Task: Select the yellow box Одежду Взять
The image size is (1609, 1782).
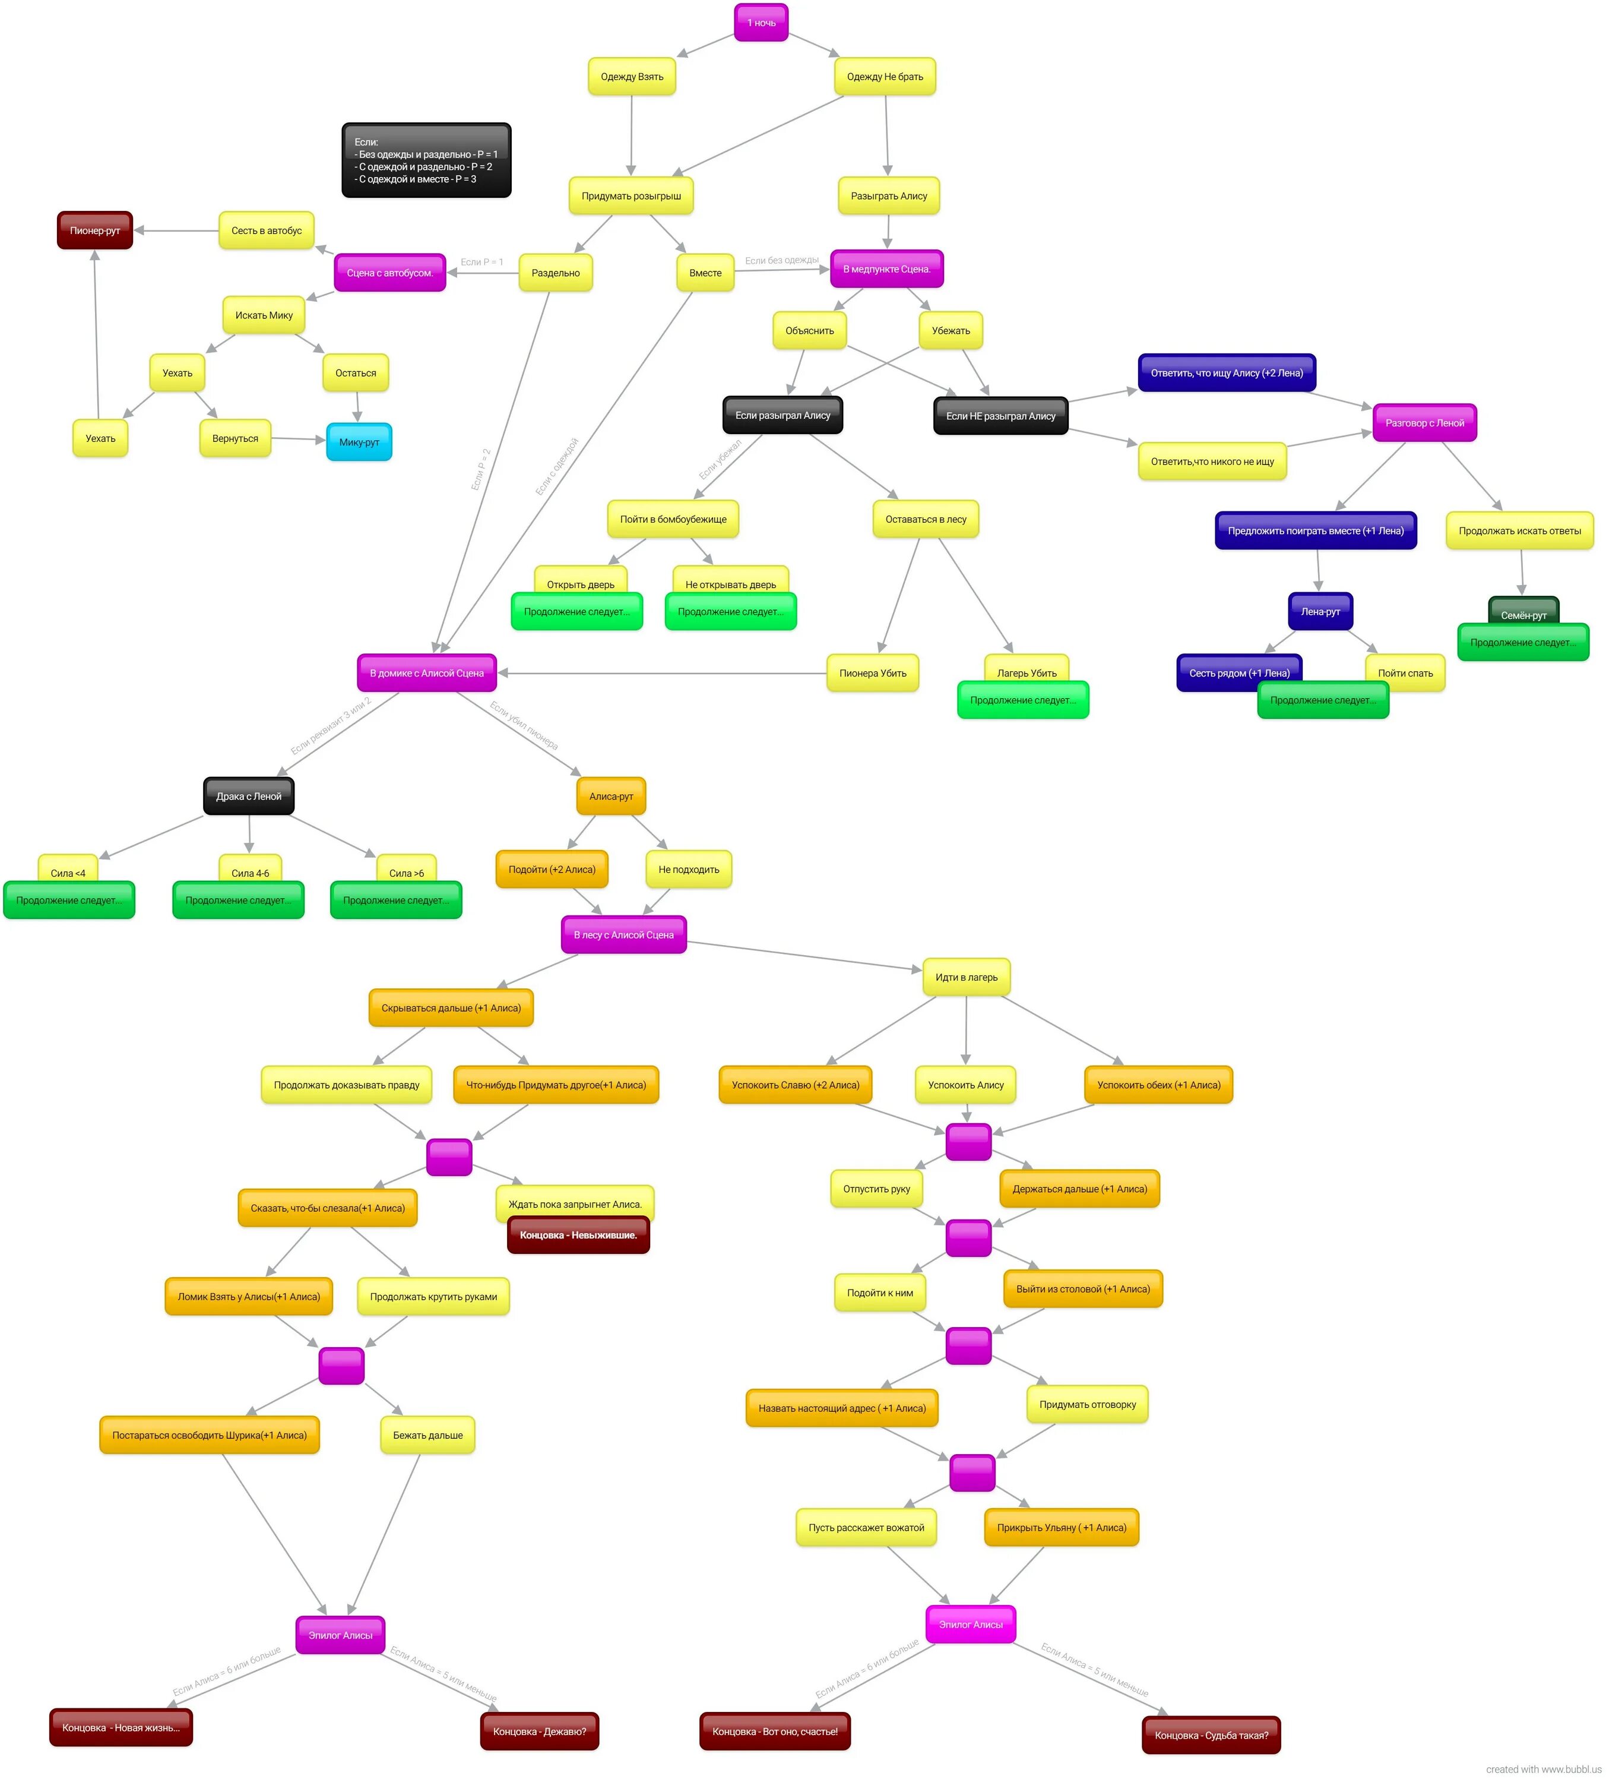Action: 631,77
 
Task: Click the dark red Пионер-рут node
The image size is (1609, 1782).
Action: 94,230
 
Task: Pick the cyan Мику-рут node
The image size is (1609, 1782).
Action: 359,442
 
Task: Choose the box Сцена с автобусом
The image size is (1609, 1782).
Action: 389,273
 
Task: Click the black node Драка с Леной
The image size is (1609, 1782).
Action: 248,797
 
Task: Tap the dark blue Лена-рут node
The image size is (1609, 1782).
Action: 1319,612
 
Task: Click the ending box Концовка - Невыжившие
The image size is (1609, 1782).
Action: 578,1235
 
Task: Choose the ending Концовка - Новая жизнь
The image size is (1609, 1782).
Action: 121,1728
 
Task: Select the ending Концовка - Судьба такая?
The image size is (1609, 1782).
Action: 1211,1735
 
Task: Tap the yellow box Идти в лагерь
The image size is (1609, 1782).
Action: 966,978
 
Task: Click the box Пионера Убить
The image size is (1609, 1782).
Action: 872,674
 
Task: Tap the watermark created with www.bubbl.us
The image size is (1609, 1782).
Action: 1543,1770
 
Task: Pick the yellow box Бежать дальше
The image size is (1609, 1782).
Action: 427,1436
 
